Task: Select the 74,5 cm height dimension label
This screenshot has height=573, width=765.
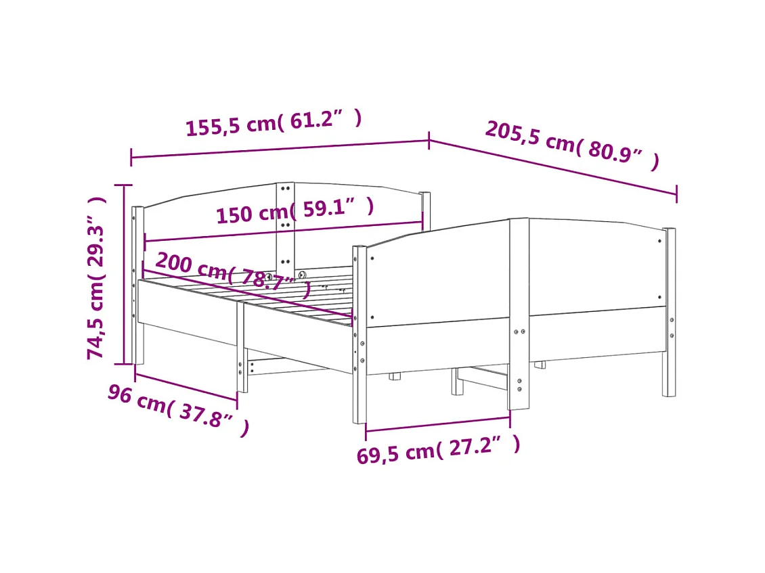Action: tap(97, 277)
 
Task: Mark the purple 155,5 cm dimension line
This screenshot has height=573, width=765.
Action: tap(280, 149)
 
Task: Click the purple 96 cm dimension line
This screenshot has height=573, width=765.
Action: tap(186, 386)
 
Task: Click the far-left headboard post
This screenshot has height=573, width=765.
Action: tap(137, 284)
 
